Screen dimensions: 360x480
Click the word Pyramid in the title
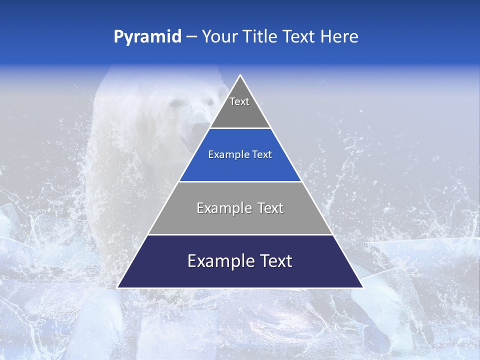[147, 37]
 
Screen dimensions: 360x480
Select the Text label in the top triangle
[239, 101]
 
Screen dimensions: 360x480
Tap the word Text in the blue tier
[262, 155]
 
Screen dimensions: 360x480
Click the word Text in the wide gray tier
[271, 208]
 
